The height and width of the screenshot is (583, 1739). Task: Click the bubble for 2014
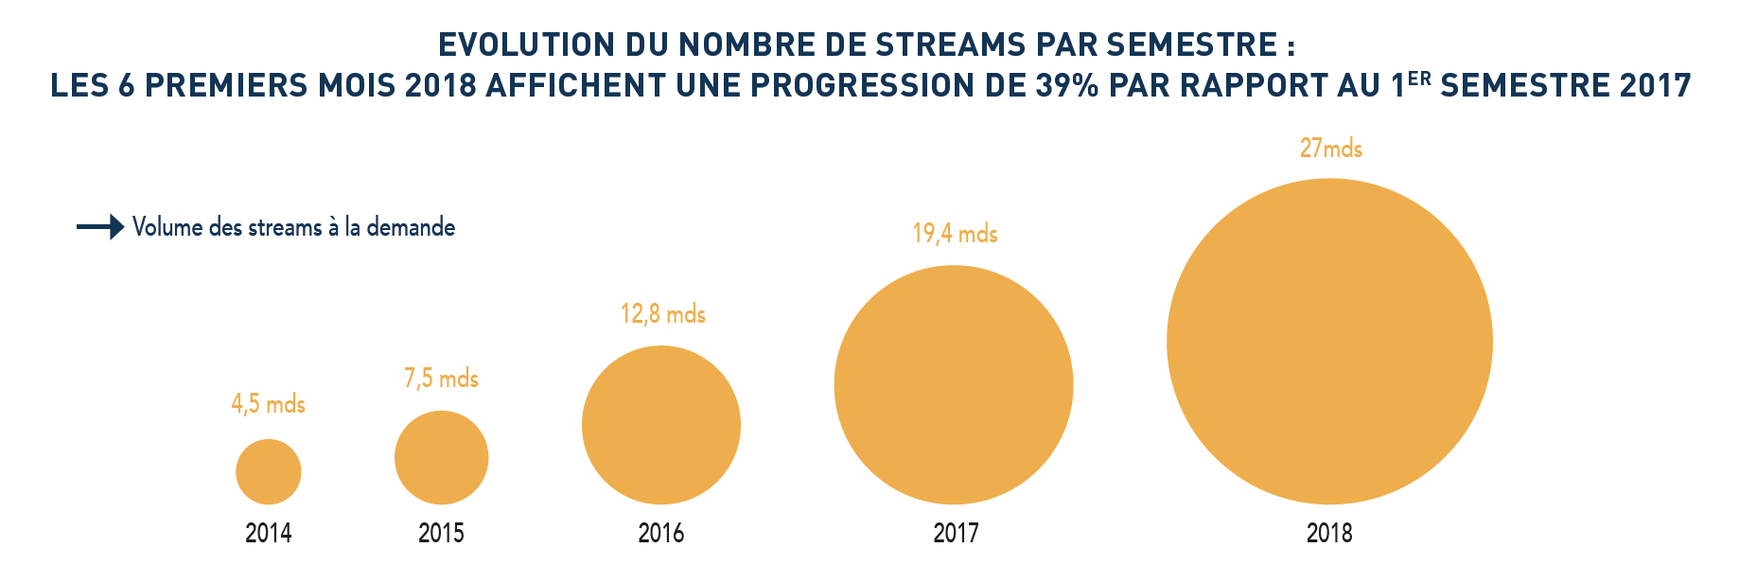[269, 471]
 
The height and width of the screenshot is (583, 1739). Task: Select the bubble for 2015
[441, 457]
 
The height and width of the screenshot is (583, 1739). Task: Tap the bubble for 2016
[661, 425]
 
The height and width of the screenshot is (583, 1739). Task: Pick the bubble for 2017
[954, 384]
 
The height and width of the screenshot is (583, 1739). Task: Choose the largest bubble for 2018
[1329, 341]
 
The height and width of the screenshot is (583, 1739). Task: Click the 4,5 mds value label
[269, 404]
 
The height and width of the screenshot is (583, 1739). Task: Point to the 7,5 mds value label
[441, 379]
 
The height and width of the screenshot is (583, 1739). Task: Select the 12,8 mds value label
[662, 314]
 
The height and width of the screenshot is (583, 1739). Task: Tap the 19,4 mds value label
[955, 233]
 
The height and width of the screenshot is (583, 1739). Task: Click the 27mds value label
[1330, 149]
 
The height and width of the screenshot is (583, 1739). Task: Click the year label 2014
[269, 534]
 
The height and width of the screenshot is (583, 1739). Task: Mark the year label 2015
[441, 534]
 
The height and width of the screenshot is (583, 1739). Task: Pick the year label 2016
[661, 534]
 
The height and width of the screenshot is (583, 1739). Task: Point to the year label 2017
[956, 534]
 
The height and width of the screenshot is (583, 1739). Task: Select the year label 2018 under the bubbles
[1329, 534]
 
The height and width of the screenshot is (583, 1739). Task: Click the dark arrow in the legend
[100, 227]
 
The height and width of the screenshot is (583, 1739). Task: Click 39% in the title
[1067, 85]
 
